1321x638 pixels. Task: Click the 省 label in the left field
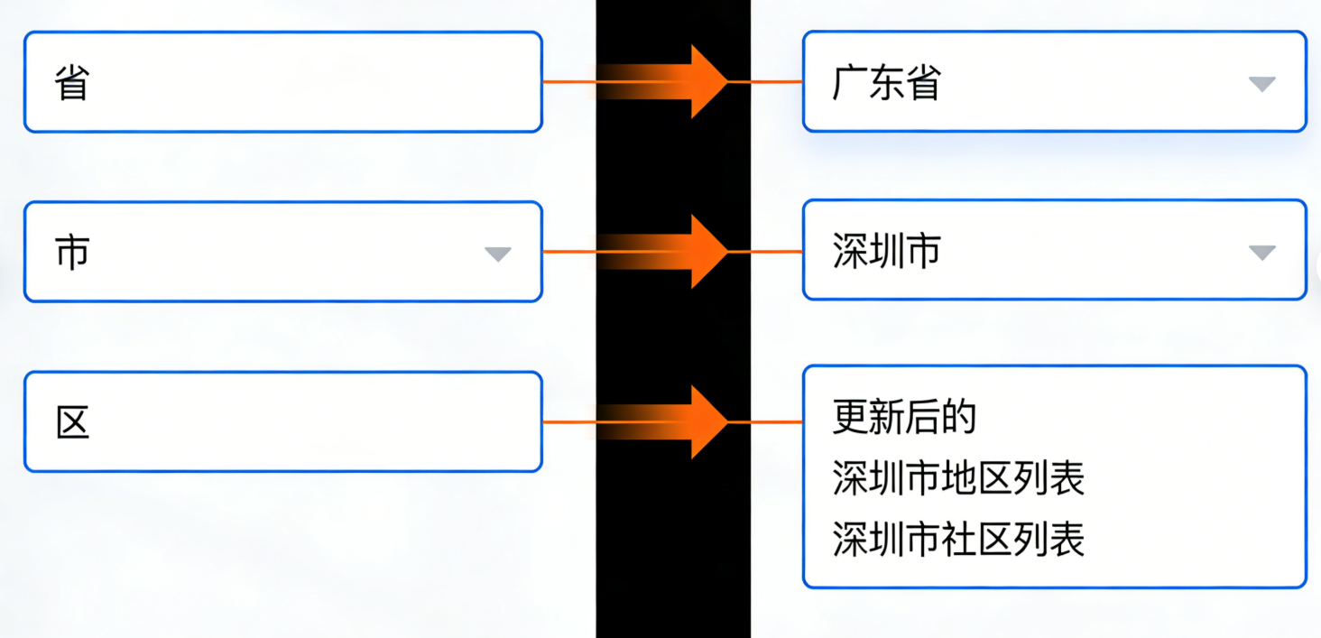point(72,83)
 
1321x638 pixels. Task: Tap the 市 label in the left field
point(72,253)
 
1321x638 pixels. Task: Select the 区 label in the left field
point(73,422)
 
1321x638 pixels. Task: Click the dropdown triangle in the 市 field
point(497,254)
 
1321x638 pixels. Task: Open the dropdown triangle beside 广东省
point(1261,84)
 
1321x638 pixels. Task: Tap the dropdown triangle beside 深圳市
point(1261,253)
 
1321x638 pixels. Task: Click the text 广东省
point(886,83)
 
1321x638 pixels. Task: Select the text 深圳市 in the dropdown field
point(886,252)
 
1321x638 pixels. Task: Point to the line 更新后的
point(904,418)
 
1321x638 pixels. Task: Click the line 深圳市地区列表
point(958,479)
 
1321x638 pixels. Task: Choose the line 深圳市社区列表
point(958,540)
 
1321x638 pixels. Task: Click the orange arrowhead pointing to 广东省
point(708,82)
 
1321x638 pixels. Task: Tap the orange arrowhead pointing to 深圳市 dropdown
point(708,252)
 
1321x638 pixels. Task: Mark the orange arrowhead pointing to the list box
point(708,421)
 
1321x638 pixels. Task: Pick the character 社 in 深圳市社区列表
point(958,540)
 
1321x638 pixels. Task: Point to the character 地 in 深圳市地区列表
point(958,479)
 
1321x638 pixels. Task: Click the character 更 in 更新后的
point(850,418)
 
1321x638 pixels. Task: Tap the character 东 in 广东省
point(886,83)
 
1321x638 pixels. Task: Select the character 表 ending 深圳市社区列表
point(1067,540)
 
